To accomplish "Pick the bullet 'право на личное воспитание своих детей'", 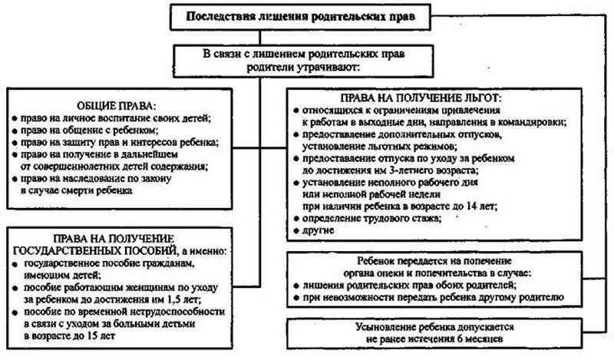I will pos(111,118).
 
